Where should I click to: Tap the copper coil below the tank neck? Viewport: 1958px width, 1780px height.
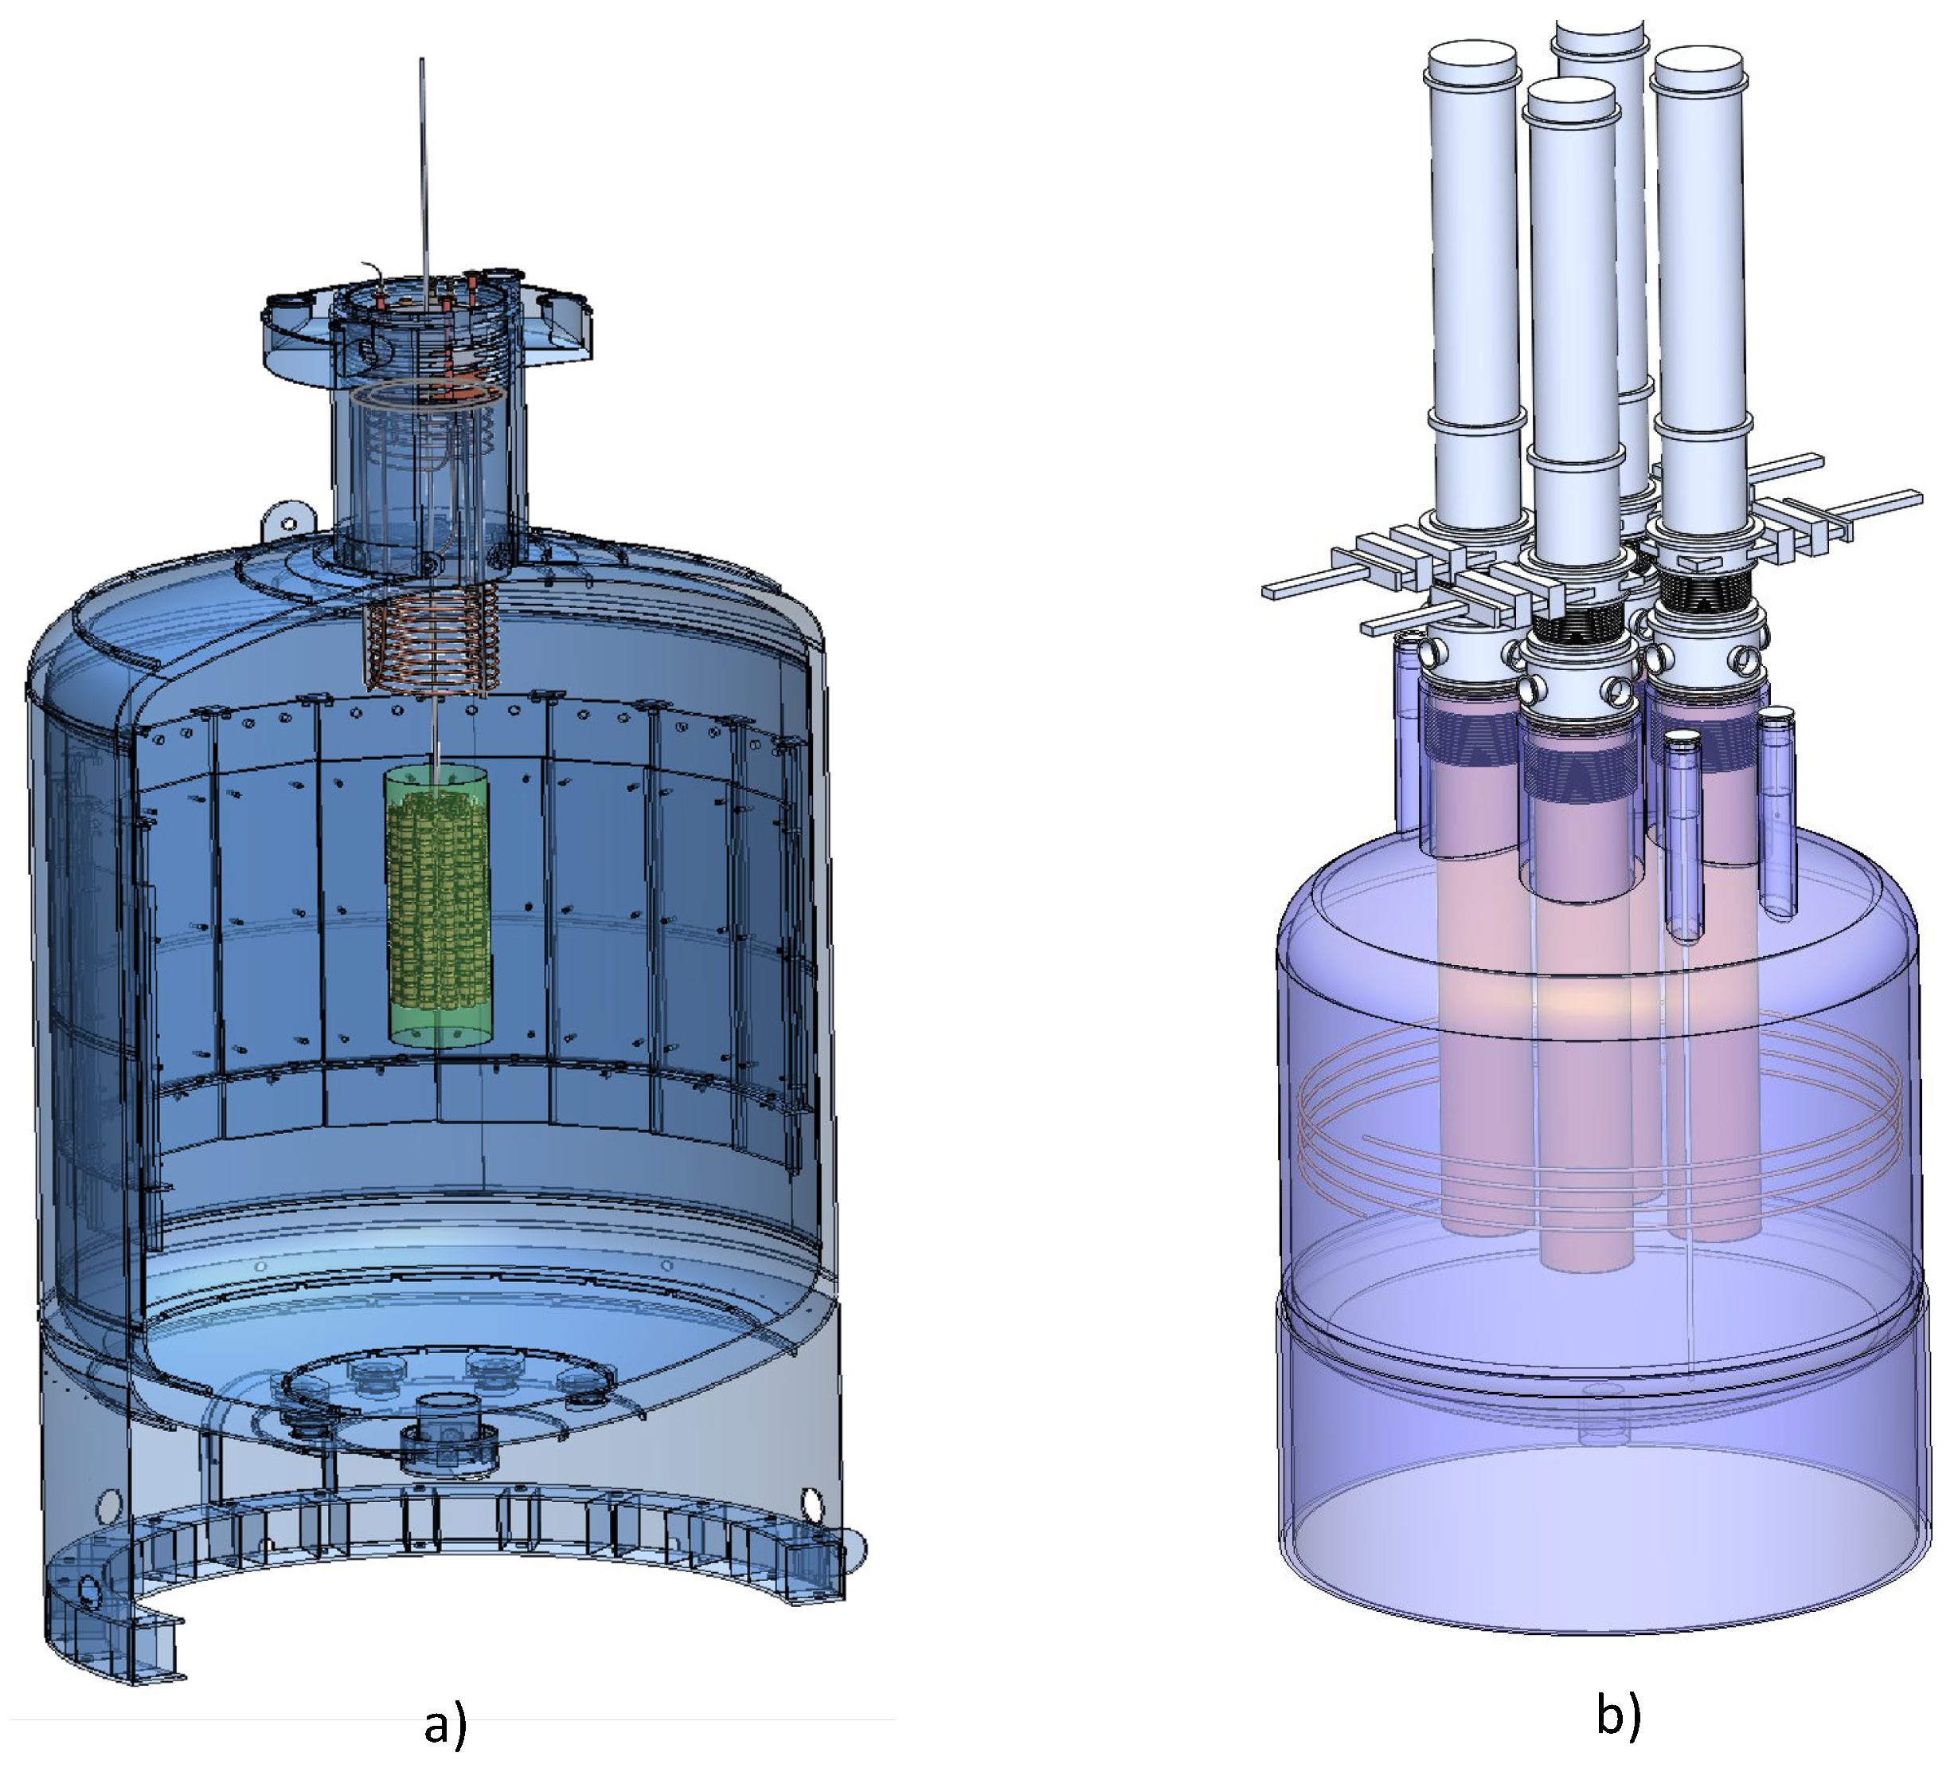(x=432, y=638)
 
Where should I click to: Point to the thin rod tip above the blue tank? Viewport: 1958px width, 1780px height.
(x=421, y=61)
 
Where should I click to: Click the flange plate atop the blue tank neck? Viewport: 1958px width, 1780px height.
(x=428, y=326)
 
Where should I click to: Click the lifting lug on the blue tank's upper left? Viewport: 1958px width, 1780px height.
(x=288, y=521)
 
